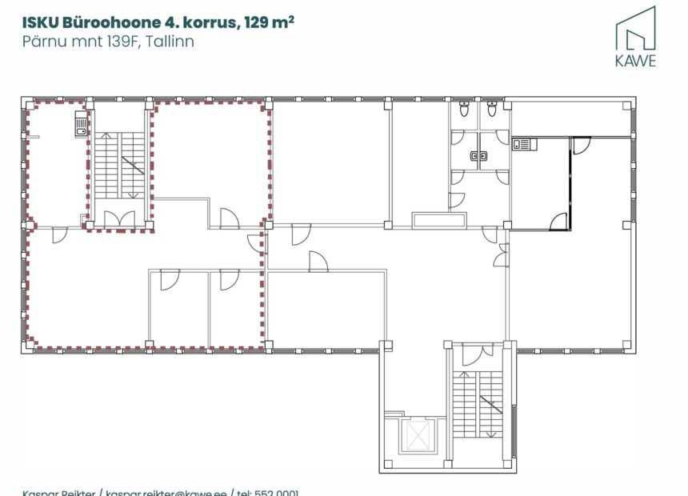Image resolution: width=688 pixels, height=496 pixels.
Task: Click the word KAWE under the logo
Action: pos(635,61)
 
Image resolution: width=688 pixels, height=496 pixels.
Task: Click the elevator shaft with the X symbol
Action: pos(417,438)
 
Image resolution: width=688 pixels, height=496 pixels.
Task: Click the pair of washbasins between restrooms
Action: pos(478,157)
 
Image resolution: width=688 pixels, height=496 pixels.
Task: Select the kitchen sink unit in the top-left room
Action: pos(80,124)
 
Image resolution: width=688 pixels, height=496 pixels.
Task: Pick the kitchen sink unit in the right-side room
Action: pos(522,144)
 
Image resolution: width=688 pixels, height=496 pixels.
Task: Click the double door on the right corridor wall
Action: pos(501,254)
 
